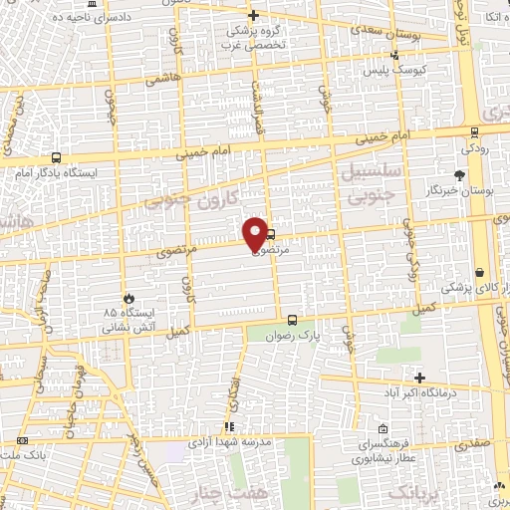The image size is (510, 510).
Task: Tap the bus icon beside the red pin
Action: point(271,235)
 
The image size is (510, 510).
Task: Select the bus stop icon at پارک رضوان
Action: point(292,321)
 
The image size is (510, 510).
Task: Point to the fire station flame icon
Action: point(127,299)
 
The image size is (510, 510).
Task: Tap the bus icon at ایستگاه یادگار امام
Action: point(55,157)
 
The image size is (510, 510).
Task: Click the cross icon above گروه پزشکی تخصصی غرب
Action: point(253,15)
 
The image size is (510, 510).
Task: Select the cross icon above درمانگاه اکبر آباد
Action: point(420,378)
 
